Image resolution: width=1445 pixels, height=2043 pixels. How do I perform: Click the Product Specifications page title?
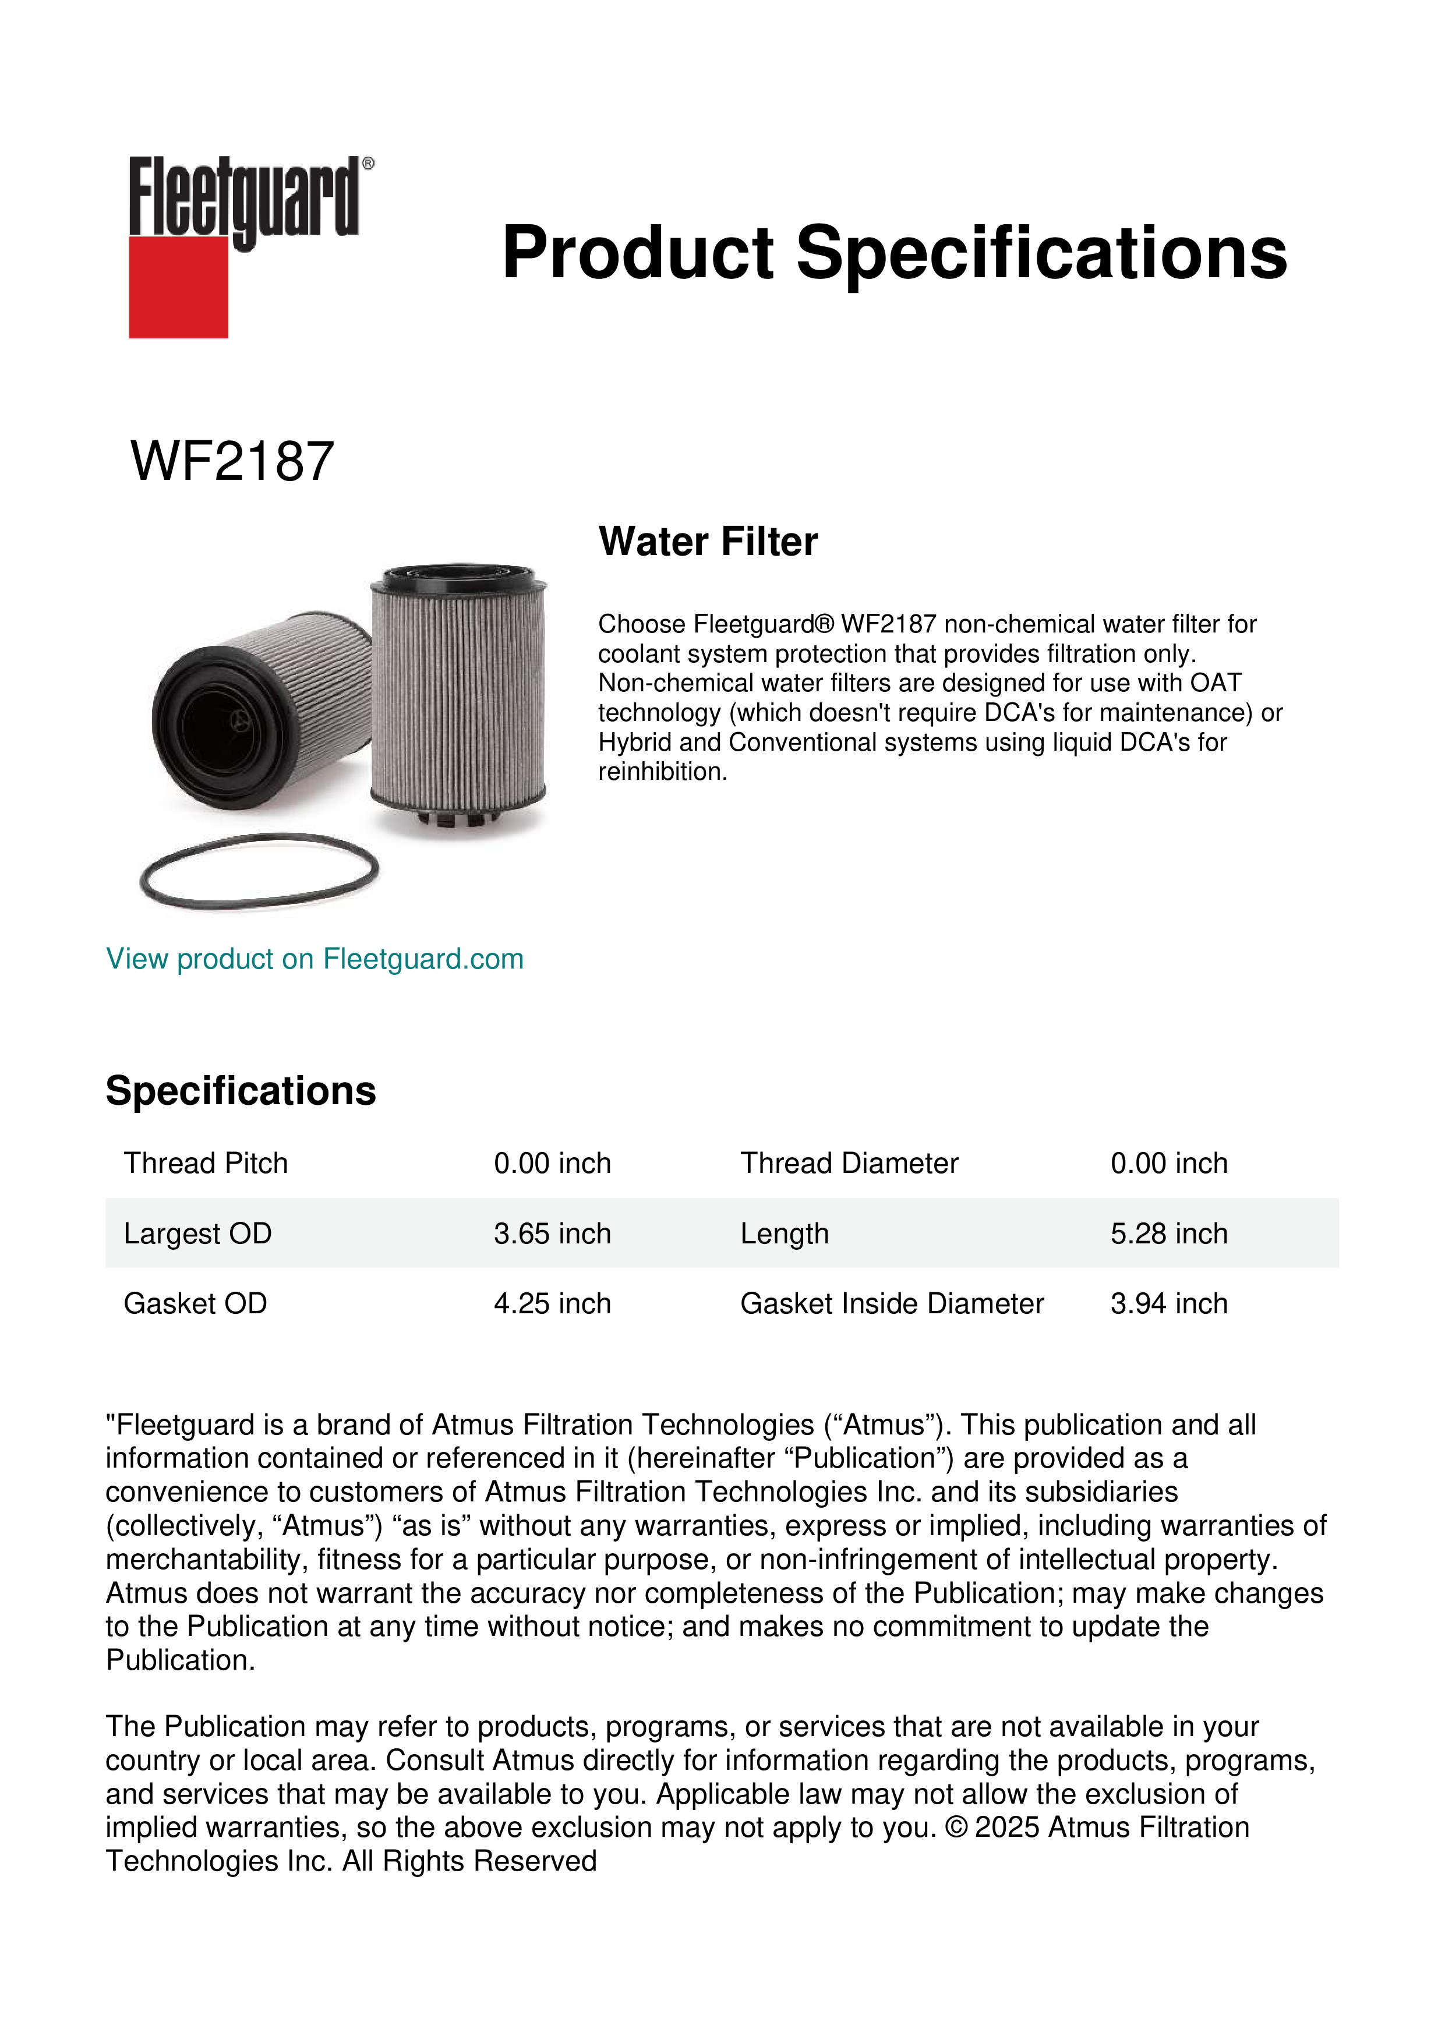[893, 253]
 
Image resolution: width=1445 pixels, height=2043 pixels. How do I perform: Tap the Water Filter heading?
[708, 542]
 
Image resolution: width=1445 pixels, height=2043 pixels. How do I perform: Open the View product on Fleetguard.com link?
[314, 959]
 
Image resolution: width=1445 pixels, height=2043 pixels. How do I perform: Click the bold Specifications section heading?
[240, 1091]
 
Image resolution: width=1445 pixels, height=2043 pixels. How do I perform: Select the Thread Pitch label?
[206, 1163]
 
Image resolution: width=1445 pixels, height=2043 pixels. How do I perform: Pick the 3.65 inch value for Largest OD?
[552, 1233]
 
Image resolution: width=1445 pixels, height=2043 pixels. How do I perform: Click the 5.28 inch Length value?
[1168, 1233]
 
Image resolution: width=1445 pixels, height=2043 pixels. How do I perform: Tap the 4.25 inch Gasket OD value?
[552, 1303]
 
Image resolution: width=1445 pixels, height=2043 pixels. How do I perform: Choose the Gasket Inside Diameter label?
[892, 1303]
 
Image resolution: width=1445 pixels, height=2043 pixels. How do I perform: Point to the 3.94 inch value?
[1168, 1303]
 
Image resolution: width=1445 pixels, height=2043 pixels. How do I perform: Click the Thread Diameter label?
[849, 1163]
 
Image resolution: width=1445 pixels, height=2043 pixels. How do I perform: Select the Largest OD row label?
[197, 1233]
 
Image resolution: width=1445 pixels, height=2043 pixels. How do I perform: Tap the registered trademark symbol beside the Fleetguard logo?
[368, 164]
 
